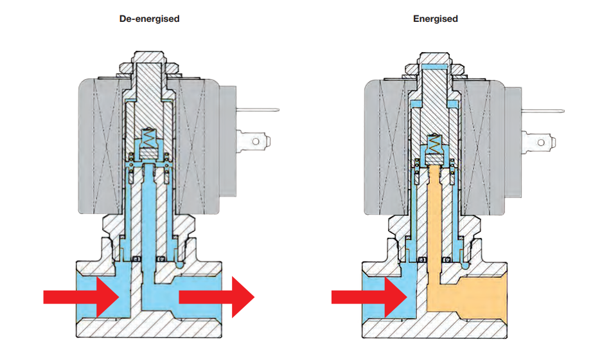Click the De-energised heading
(x=149, y=19)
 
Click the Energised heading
(x=435, y=19)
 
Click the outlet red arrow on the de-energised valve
(x=216, y=296)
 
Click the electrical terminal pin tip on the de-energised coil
(x=276, y=109)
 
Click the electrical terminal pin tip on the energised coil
(x=564, y=109)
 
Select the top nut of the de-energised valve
(x=149, y=65)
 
